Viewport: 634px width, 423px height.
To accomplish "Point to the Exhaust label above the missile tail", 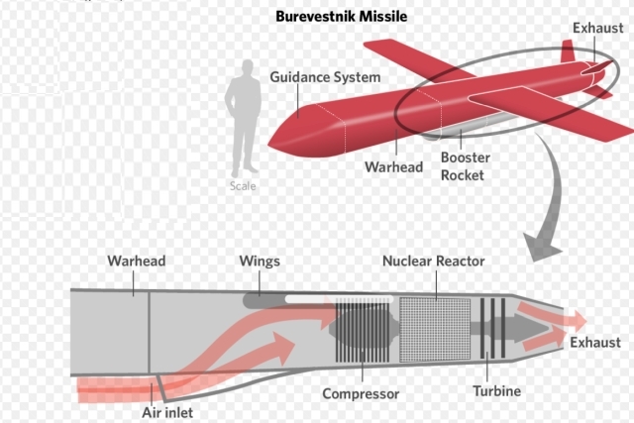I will click(x=597, y=29).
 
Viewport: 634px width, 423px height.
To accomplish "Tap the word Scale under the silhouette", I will click(x=241, y=186).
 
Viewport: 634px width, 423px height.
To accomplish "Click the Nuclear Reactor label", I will click(x=433, y=262).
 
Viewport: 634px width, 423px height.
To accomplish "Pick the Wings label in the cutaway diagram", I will click(x=260, y=262).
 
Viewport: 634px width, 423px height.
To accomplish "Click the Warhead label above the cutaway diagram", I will click(x=136, y=262).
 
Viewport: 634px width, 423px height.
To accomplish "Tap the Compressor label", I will click(x=361, y=394).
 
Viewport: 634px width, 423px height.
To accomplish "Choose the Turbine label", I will click(x=495, y=391).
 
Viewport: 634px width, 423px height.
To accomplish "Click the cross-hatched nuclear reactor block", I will click(x=435, y=326).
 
